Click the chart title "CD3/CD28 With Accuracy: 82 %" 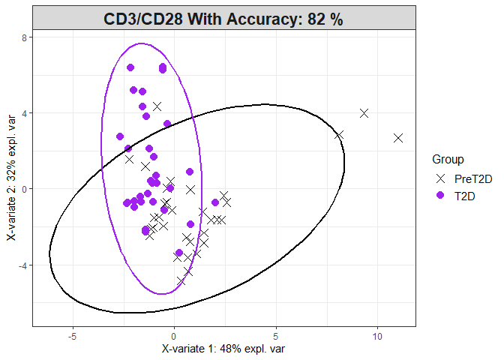pos(223,19)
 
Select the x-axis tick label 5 pos(276,336)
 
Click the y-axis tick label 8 pos(25,37)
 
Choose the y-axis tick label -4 pos(22,265)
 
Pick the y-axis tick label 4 pos(25,113)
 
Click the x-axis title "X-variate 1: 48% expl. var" pos(223,349)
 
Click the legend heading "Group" pos(448,159)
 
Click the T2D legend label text pos(465,195)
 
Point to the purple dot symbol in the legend pos(441,195)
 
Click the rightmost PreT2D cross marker pos(398,138)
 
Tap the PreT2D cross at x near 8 pos(339,135)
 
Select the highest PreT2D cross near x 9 pos(364,113)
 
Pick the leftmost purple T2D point pos(120,136)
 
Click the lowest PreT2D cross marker pos(181,281)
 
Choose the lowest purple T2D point pos(179,253)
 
